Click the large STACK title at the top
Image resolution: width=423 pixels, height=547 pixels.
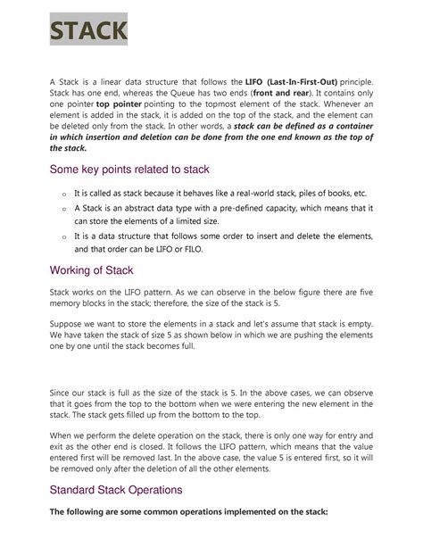click(87, 33)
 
